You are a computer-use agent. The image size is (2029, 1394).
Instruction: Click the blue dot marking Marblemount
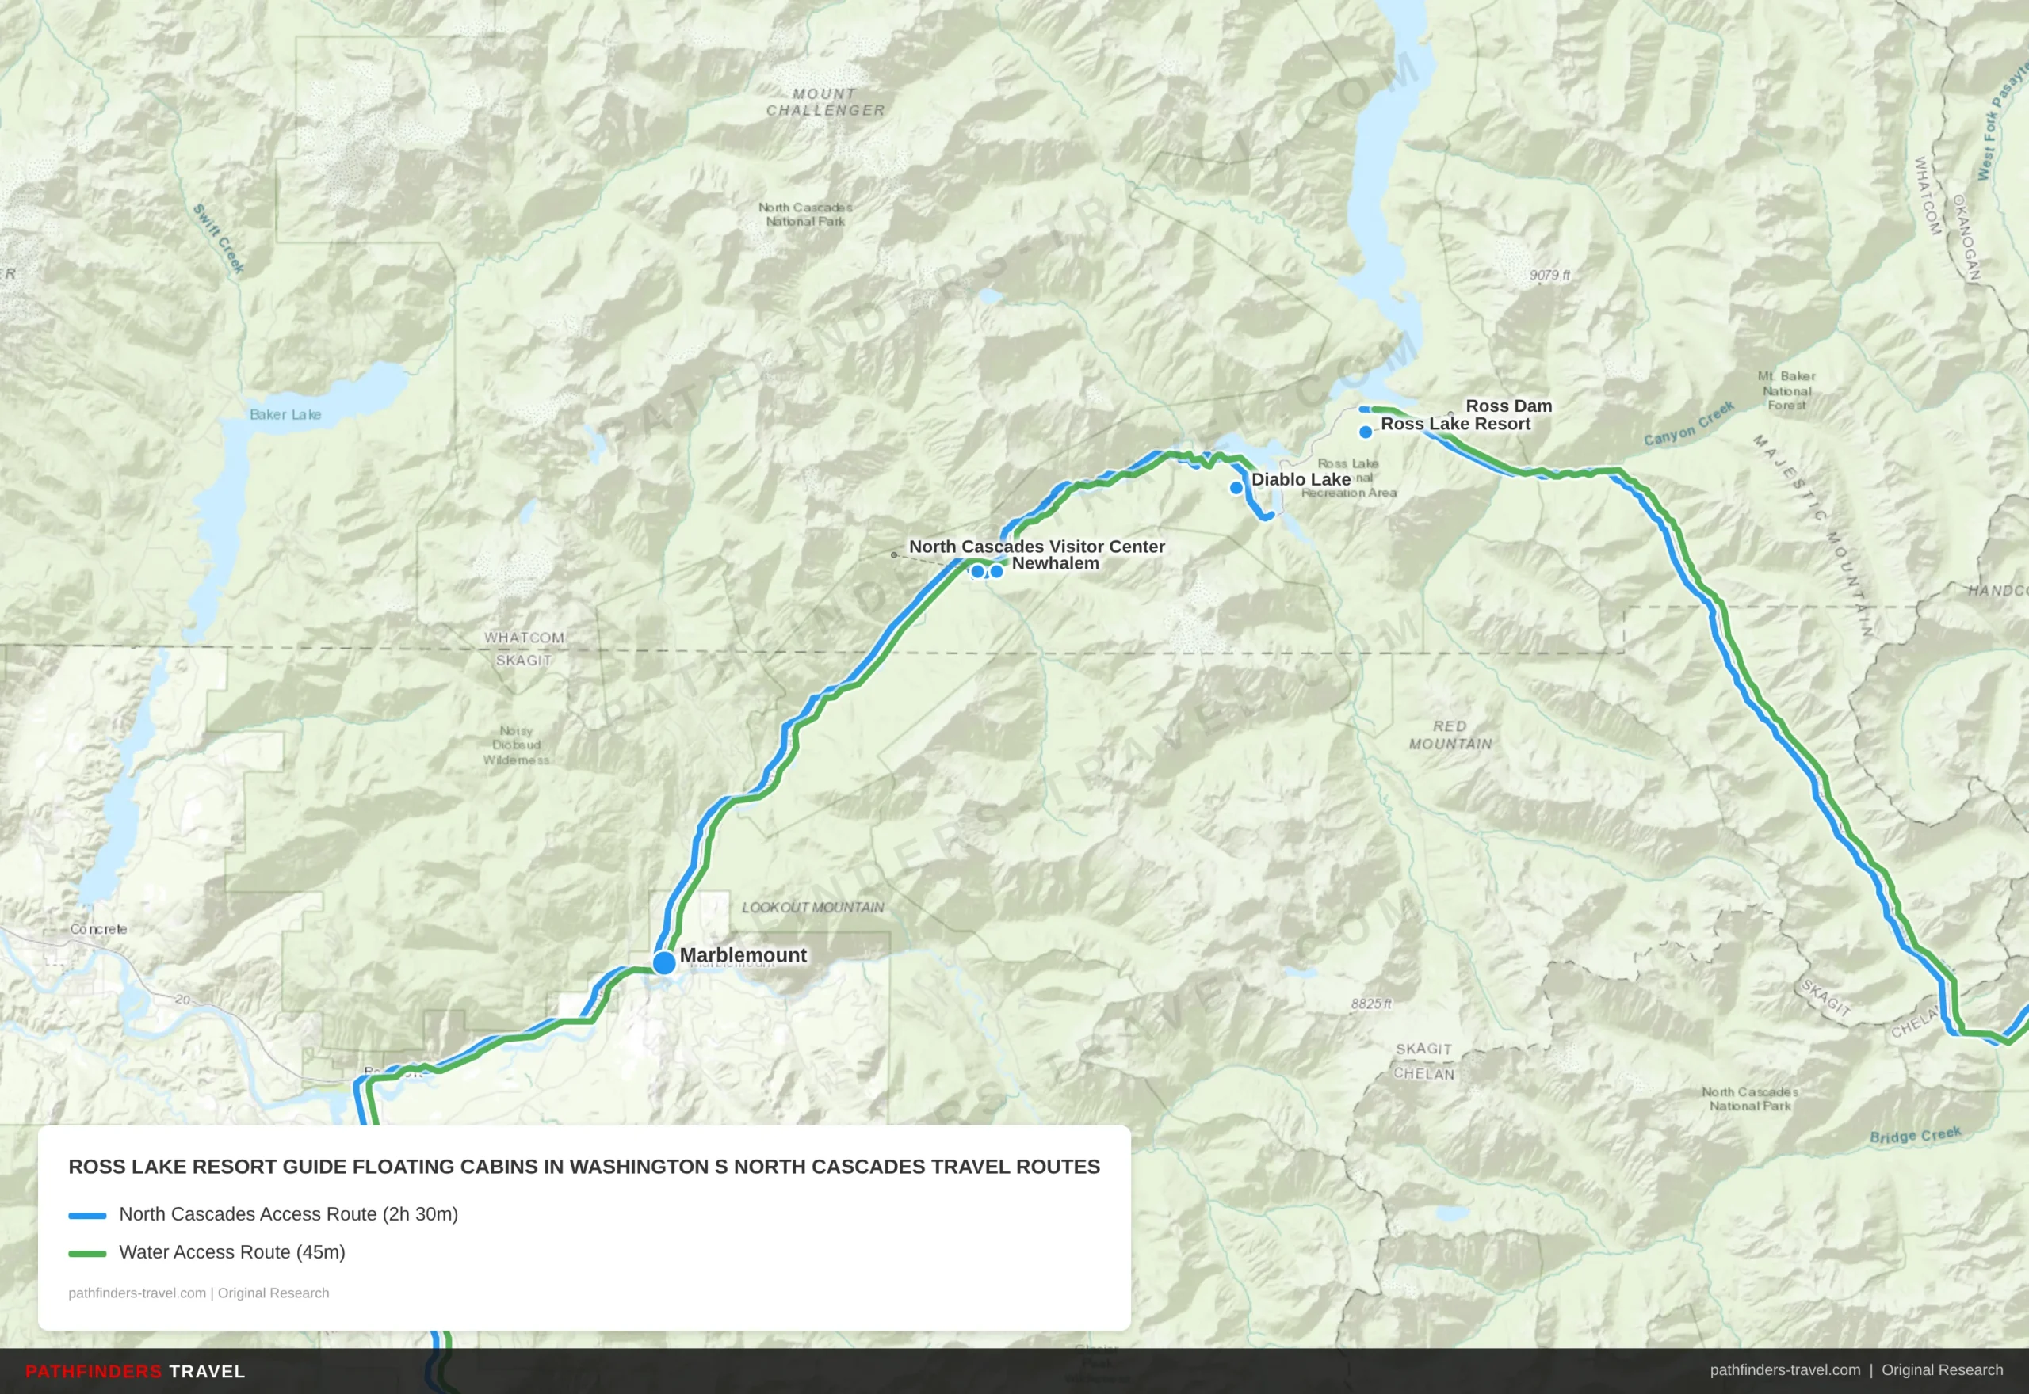[664, 962]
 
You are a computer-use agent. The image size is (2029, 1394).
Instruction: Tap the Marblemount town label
[743, 954]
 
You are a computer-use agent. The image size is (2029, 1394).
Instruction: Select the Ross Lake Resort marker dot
[1366, 432]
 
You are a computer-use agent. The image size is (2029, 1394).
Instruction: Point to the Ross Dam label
[1508, 406]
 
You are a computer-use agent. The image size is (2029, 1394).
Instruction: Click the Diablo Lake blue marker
[1236, 487]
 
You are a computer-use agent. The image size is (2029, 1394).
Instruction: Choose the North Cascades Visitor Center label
[1037, 546]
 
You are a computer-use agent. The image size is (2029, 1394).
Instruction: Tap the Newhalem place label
[1055, 563]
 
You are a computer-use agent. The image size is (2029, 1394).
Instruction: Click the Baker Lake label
[285, 414]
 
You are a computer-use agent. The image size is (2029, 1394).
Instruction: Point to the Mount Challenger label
[825, 102]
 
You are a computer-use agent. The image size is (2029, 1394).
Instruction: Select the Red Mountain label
[1450, 734]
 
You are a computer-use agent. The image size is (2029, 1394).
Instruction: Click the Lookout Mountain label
[812, 908]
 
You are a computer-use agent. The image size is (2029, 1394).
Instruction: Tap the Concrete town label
[99, 928]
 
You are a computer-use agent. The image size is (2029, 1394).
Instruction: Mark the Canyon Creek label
[1688, 424]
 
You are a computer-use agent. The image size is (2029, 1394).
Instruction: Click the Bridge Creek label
[1915, 1134]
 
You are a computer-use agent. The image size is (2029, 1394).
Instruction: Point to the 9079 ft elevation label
[1549, 275]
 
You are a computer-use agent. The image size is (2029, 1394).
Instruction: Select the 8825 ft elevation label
[1371, 1004]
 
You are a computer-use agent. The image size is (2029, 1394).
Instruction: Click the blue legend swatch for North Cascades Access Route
[87, 1215]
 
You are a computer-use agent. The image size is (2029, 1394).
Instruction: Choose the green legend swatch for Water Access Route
[87, 1253]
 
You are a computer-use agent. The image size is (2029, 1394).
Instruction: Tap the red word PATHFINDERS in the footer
[94, 1371]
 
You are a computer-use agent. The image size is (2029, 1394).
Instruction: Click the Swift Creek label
[219, 238]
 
